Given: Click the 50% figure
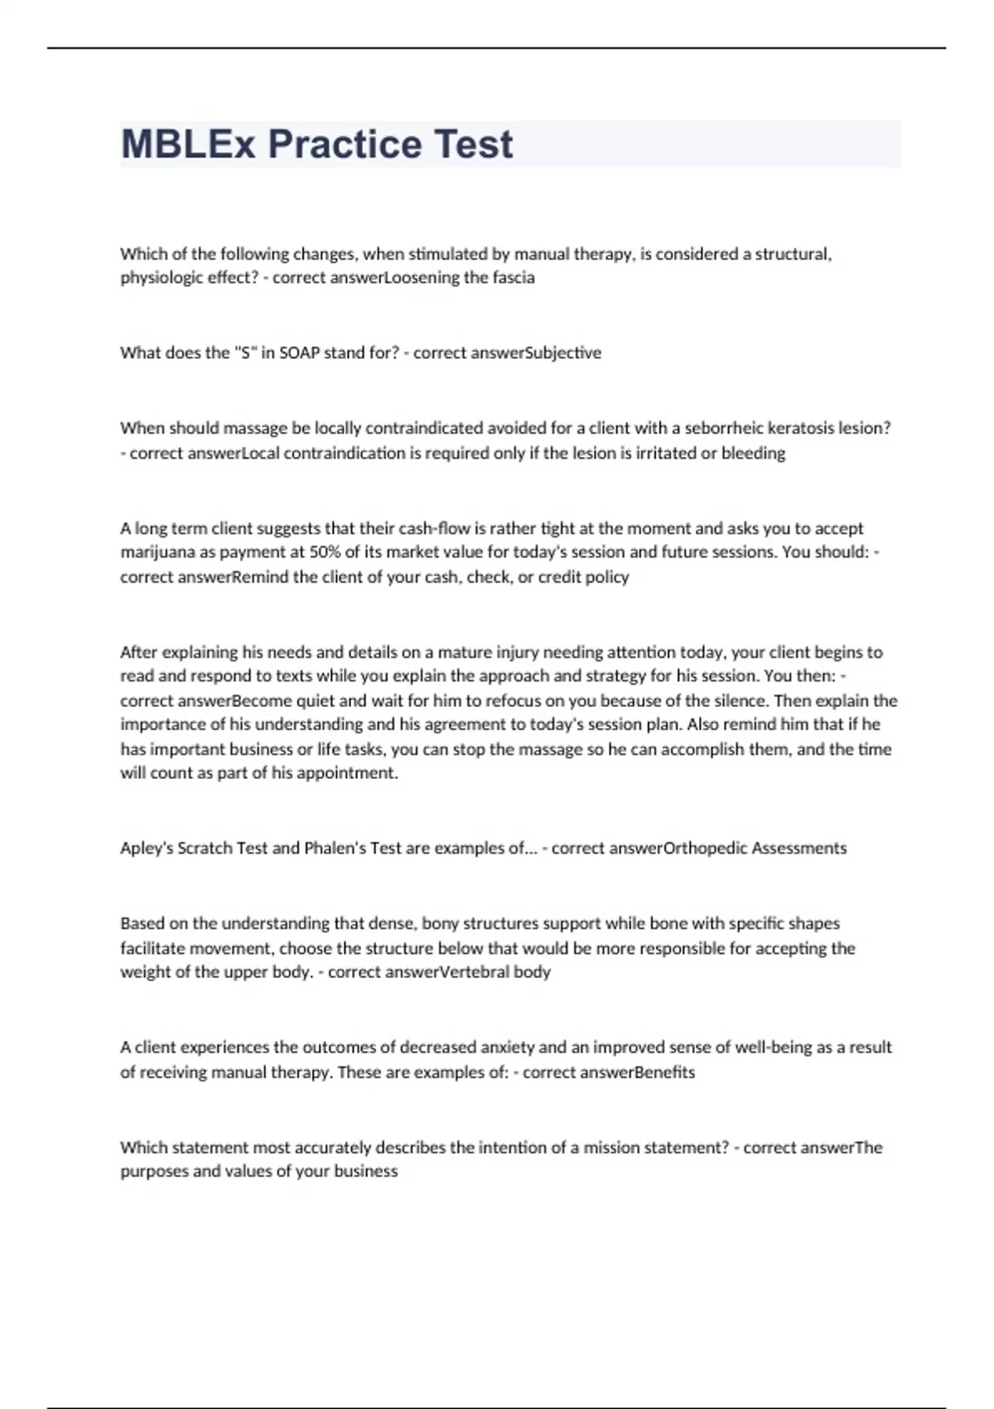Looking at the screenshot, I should (325, 553).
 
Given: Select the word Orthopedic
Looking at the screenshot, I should (705, 849).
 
